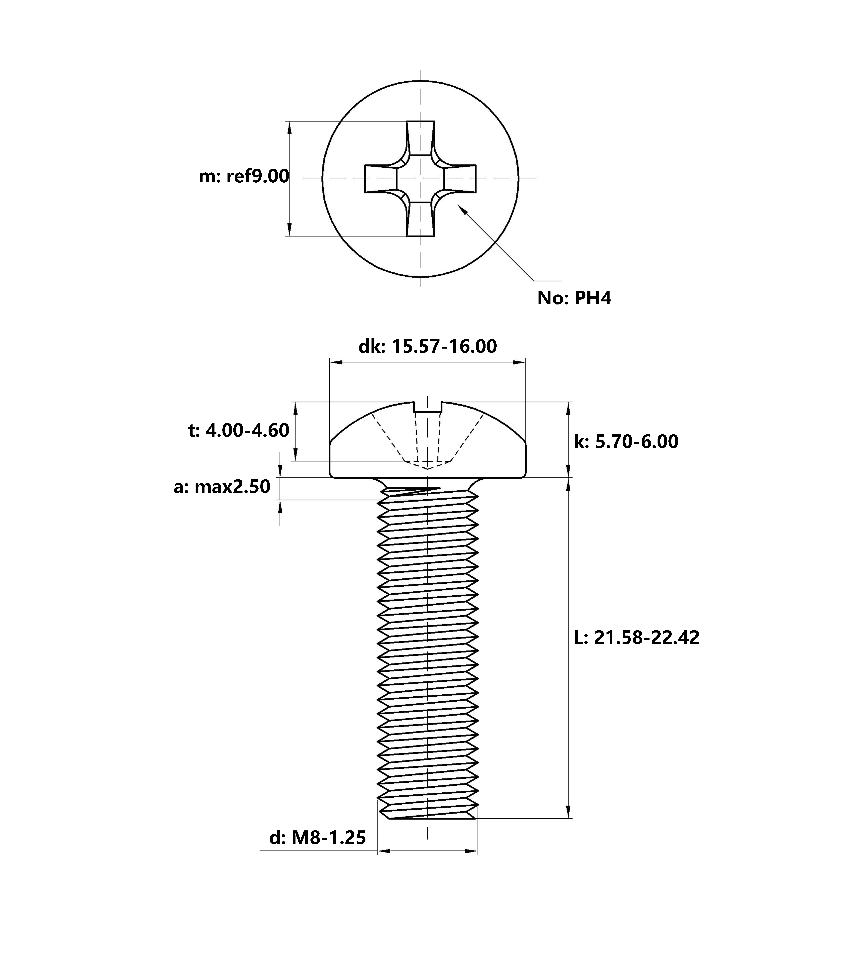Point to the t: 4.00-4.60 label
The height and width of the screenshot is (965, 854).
(238, 431)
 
